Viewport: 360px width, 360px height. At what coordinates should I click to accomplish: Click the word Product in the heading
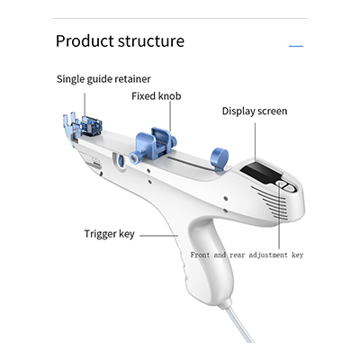tap(85, 41)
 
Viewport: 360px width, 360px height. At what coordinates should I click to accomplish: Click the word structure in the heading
tap(151, 41)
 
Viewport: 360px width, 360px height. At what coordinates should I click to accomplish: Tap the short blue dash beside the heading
tap(296, 46)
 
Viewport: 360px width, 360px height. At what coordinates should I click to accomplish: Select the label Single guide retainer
tap(103, 79)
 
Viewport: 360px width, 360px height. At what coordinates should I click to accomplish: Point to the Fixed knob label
tap(157, 96)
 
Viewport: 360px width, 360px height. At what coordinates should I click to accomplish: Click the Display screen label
tap(255, 112)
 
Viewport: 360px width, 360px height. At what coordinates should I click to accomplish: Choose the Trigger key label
tap(110, 234)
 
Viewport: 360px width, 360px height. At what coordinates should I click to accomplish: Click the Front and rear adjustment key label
tap(247, 255)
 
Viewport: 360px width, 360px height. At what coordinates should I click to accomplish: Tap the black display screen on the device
tap(261, 172)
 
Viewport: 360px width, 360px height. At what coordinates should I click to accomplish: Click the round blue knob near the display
tap(220, 159)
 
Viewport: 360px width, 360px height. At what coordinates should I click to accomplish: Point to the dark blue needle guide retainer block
tap(91, 126)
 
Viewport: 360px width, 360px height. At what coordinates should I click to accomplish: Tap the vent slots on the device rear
tap(269, 202)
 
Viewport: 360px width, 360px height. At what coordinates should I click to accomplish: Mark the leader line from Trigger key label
tap(159, 236)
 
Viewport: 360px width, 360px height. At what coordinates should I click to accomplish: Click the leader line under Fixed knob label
tap(170, 116)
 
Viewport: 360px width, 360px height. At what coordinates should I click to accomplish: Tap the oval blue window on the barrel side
tap(120, 161)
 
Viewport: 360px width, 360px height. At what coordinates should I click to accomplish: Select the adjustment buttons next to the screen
tap(286, 185)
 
